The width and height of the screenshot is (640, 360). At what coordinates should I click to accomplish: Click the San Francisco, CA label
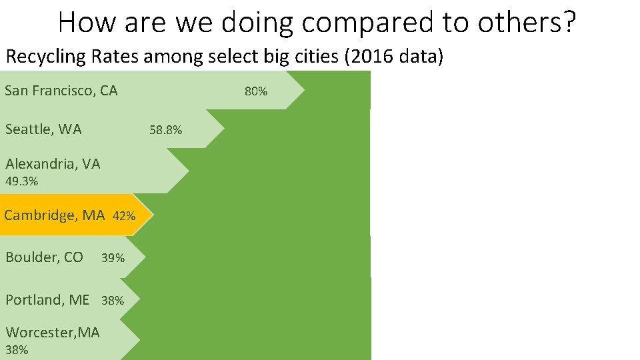click(61, 91)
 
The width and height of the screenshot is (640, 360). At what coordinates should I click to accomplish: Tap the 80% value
click(256, 91)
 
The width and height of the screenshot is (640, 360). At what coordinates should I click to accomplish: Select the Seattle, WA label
click(43, 129)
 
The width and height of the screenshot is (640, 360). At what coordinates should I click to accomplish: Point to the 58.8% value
click(165, 130)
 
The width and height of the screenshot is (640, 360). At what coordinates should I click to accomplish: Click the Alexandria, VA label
click(53, 164)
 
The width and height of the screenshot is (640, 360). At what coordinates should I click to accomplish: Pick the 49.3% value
click(21, 181)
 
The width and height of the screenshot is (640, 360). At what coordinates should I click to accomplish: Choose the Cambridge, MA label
click(55, 215)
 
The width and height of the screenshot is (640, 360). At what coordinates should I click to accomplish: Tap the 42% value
click(125, 217)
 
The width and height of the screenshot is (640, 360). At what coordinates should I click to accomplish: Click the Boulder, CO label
click(44, 257)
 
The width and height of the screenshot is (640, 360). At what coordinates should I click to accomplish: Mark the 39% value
click(113, 258)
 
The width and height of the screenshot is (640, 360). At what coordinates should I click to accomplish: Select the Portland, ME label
click(47, 300)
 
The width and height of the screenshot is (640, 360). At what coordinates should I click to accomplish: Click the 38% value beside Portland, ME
click(113, 301)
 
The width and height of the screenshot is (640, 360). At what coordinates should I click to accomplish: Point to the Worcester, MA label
click(52, 332)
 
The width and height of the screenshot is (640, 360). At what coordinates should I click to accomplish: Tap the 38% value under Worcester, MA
click(17, 350)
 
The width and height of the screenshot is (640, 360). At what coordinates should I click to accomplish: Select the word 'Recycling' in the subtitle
click(46, 57)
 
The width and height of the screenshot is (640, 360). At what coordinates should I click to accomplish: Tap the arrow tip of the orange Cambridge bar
click(151, 215)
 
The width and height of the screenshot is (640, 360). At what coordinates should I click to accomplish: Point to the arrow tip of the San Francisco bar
click(304, 90)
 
